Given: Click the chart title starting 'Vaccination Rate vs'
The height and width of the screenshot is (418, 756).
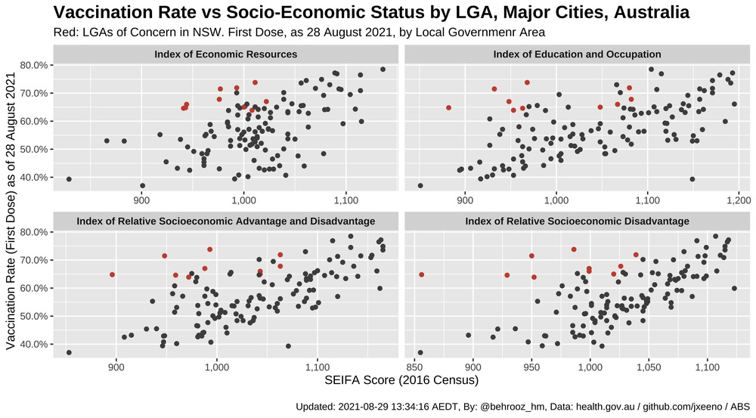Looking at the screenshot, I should (x=370, y=13).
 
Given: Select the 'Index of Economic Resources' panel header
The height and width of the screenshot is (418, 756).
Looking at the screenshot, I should (x=225, y=54).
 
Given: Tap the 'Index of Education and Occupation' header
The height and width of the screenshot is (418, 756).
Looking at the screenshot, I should (x=577, y=54).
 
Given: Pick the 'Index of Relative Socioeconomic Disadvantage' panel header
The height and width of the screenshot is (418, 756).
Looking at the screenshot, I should (x=577, y=221).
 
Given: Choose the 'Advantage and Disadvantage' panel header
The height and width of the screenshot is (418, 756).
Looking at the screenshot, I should (x=225, y=221).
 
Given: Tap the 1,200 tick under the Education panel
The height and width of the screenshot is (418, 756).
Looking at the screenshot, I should (x=739, y=200).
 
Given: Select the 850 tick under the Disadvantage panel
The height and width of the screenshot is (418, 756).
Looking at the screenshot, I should (x=414, y=367).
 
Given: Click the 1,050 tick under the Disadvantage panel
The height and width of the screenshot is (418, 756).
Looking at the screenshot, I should (x=649, y=367).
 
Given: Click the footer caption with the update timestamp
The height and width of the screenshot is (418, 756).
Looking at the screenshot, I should (x=522, y=407).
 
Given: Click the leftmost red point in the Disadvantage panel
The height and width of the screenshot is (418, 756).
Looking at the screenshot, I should (x=422, y=274).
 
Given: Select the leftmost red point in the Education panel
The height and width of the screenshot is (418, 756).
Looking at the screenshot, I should (x=448, y=107).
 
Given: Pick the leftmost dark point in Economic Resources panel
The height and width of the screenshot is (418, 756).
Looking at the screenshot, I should (x=69, y=179).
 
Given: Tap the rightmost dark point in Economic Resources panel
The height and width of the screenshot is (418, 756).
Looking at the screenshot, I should (x=383, y=70).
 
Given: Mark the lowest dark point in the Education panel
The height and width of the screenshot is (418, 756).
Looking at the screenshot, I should (x=420, y=185).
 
